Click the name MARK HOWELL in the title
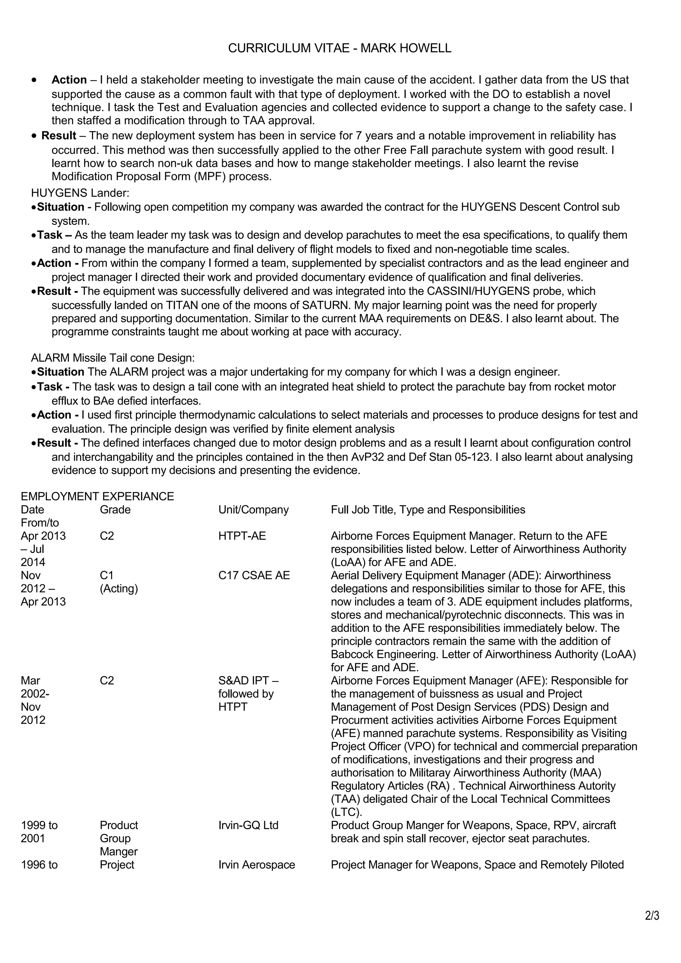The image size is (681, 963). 406,48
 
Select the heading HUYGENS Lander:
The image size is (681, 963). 80,193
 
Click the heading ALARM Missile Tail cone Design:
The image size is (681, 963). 113,358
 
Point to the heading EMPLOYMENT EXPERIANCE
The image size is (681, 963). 97,496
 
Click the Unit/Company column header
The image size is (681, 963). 253,510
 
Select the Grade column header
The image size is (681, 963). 115,510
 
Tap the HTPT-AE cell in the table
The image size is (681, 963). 242,536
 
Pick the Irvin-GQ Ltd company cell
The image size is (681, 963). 248,825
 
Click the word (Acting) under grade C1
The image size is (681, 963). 119,588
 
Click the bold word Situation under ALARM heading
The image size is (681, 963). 61,372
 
